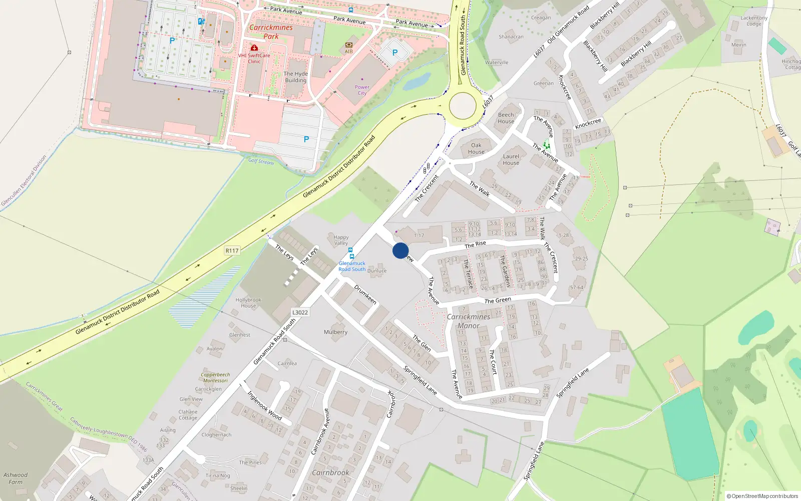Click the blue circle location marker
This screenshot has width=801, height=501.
point(400,250)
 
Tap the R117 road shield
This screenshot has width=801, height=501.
point(232,250)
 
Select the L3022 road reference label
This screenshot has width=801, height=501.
point(300,312)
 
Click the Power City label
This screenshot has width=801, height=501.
point(362,90)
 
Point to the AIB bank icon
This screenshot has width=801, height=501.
point(349,45)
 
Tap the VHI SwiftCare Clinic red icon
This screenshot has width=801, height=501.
point(254,48)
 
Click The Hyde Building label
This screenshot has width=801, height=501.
point(296,77)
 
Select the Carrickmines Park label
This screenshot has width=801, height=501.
point(271,32)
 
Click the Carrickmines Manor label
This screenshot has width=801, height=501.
point(469,321)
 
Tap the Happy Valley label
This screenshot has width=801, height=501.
point(341,240)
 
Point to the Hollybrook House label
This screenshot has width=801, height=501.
point(248,303)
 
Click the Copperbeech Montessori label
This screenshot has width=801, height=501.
point(215,377)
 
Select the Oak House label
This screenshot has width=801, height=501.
point(476,148)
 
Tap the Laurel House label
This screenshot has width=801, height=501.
point(511,159)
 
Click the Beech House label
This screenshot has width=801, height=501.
point(506,118)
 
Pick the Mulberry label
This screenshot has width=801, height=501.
point(335,332)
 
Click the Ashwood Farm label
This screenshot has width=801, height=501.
point(16,478)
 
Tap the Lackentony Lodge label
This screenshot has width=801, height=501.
point(754,21)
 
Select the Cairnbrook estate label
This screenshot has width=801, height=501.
point(330,472)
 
